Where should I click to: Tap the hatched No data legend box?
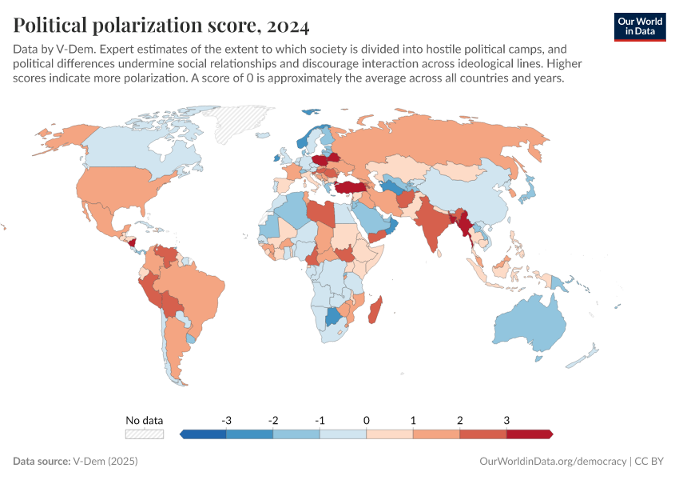[x=145, y=434]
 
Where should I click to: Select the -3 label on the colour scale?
[x=227, y=420]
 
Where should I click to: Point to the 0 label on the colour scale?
[x=367, y=420]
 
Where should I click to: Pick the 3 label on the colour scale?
[x=506, y=420]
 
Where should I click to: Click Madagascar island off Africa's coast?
[x=375, y=310]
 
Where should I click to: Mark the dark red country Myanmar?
[x=461, y=223]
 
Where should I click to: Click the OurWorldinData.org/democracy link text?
[x=552, y=462]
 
